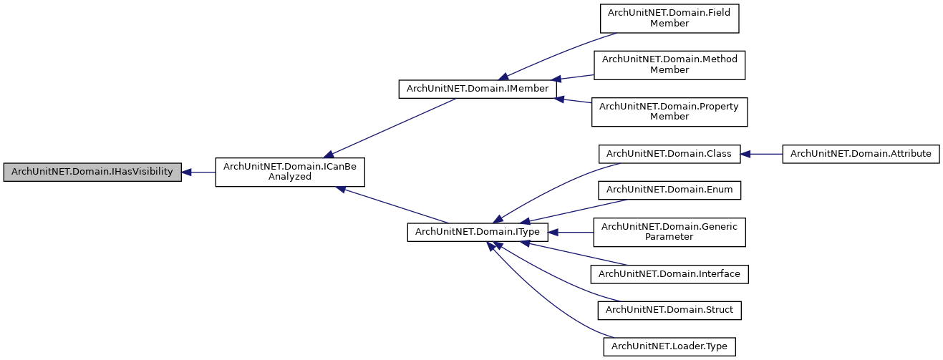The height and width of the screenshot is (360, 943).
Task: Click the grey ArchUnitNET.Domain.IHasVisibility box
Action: (92, 172)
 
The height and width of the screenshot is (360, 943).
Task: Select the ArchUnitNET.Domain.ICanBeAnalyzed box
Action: (291, 172)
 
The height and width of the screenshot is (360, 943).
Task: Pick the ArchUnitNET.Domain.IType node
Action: (478, 232)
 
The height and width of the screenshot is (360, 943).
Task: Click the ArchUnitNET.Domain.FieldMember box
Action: (669, 18)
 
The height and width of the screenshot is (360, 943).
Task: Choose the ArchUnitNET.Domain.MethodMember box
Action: (669, 64)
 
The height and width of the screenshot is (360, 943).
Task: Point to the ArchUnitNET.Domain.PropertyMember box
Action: (669, 112)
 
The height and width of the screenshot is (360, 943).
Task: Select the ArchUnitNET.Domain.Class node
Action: (669, 154)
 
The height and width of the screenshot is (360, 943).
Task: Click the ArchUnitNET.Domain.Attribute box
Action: (860, 154)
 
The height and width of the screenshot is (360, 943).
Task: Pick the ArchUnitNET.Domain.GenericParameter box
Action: (669, 232)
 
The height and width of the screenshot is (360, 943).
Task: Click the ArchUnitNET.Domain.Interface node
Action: (669, 273)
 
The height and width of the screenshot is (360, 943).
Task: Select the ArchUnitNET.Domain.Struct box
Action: (669, 310)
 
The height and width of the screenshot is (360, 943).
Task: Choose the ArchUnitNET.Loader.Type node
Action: (669, 346)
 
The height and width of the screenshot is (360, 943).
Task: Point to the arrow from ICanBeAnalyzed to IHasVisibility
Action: (198, 172)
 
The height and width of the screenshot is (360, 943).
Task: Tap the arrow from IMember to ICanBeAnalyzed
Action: (390, 127)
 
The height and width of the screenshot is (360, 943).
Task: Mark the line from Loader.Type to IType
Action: (544, 301)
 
